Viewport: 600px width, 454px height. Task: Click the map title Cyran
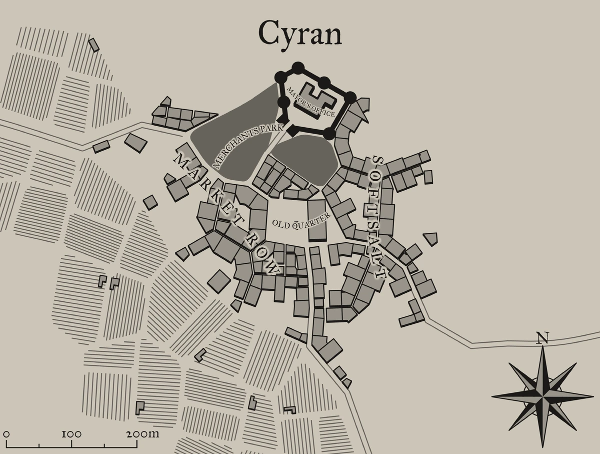(300, 34)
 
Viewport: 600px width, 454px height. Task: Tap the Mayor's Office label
(310, 102)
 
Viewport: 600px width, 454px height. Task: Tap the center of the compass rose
(542, 396)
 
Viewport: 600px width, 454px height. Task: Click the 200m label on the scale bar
(142, 433)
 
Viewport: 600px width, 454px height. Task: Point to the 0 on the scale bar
(6, 433)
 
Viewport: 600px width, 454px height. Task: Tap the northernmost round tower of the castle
(298, 67)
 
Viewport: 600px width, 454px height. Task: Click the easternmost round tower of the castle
(350, 97)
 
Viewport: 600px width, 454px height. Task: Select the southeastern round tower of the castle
(328, 134)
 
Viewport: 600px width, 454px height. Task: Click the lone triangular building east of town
(430, 238)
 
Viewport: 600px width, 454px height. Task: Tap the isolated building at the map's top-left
(93, 44)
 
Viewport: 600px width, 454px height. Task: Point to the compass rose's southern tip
(542, 445)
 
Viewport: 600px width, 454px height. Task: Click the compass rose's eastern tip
(592, 396)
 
